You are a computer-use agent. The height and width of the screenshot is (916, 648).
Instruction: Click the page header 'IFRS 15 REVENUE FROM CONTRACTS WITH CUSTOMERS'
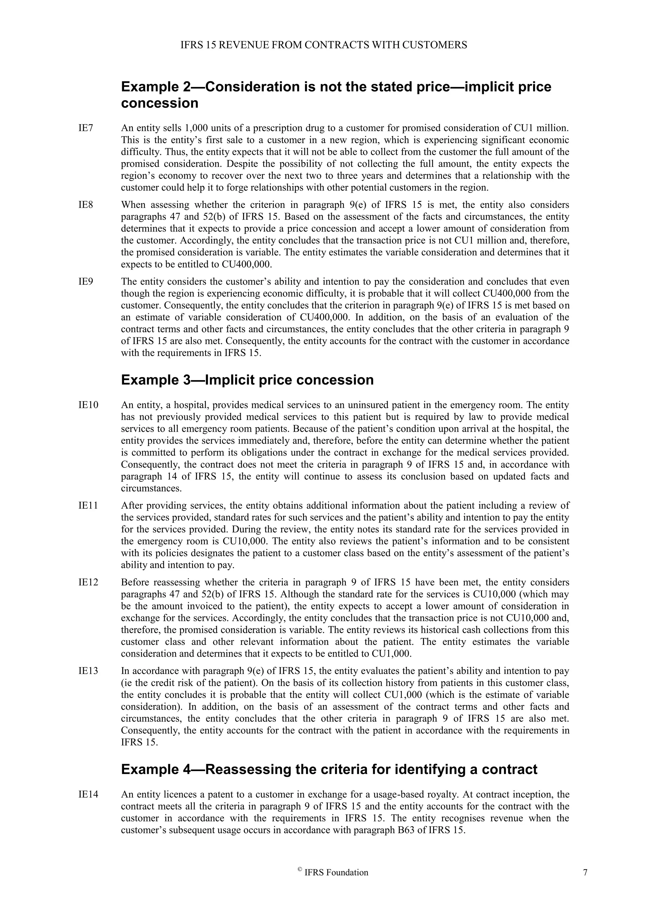pyautogui.click(x=324, y=45)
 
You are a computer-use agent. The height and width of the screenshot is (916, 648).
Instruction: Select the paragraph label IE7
pyautogui.click(x=85, y=128)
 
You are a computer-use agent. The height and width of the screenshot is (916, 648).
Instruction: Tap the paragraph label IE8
pyautogui.click(x=85, y=205)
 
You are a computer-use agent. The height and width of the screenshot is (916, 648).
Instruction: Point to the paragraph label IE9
pyautogui.click(x=85, y=282)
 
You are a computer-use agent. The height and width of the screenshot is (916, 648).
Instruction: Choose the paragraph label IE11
pyautogui.click(x=88, y=506)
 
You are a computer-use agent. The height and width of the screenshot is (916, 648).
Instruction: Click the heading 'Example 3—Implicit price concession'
pyautogui.click(x=247, y=380)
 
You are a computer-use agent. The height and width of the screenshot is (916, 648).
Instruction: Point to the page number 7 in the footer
pyautogui.click(x=585, y=873)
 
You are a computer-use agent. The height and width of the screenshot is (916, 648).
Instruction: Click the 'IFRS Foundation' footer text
pyautogui.click(x=336, y=873)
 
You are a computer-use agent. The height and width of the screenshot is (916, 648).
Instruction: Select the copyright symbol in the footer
pyautogui.click(x=300, y=871)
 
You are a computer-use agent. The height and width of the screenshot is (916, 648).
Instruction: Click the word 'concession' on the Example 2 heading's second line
pyautogui.click(x=159, y=103)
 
